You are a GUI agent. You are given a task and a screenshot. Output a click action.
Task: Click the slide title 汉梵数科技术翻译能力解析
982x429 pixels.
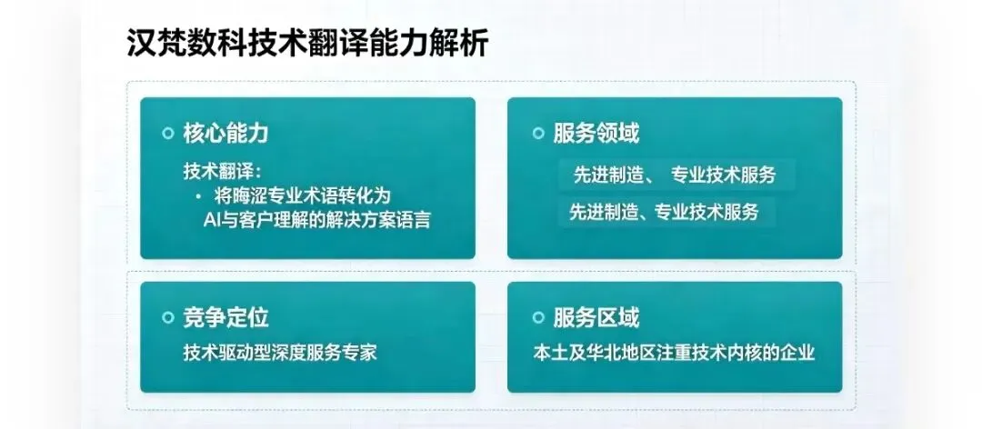(307, 44)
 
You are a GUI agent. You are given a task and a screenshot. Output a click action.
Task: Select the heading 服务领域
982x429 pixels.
(596, 134)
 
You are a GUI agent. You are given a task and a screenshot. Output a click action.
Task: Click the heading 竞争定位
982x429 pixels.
(225, 317)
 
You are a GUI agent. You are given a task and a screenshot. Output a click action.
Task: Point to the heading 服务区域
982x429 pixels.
(596, 317)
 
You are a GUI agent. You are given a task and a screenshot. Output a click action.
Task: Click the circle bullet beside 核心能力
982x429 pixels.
(167, 134)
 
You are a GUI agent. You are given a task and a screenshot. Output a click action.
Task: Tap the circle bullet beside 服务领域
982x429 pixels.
(538, 134)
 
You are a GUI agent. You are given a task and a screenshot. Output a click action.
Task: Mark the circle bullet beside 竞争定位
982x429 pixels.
(167, 317)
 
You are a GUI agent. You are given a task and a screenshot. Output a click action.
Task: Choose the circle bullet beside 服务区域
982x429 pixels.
(538, 317)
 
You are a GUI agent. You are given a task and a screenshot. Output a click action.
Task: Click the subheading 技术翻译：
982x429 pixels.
(221, 171)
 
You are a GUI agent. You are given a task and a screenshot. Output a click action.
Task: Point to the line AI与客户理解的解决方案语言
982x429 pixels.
(317, 221)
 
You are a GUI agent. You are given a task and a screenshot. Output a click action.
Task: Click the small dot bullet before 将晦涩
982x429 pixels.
(198, 196)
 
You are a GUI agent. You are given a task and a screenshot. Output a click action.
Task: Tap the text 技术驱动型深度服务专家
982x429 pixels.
(280, 353)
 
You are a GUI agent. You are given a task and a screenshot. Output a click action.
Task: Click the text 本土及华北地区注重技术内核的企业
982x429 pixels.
(674, 353)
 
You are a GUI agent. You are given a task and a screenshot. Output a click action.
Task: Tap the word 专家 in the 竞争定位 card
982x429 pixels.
(360, 353)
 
